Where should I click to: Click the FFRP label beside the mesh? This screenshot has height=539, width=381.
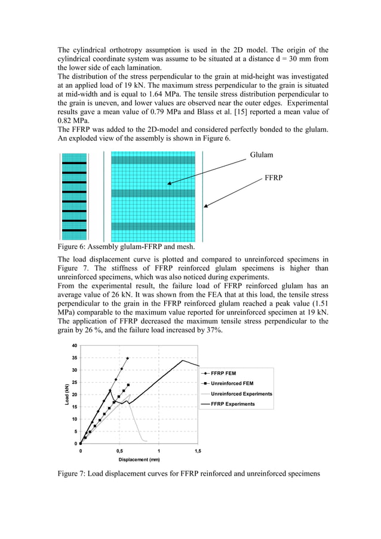[x=274, y=178]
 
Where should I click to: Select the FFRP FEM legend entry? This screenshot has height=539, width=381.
[x=223, y=373]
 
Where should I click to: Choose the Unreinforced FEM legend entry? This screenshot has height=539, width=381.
[x=232, y=383]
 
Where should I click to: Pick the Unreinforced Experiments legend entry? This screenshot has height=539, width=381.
[x=241, y=394]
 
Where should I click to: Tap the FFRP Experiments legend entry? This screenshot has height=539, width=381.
[x=232, y=404]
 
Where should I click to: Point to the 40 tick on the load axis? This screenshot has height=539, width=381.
[x=74, y=346]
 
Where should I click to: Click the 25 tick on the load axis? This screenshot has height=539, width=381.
[x=74, y=383]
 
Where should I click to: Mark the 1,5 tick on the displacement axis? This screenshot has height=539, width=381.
[x=198, y=451]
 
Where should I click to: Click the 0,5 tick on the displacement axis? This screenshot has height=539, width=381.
[x=119, y=451]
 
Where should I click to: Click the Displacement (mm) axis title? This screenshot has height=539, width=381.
[x=139, y=460]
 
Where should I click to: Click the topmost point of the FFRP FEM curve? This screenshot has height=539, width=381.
[x=128, y=358]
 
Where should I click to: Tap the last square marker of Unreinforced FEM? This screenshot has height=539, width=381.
[x=128, y=385]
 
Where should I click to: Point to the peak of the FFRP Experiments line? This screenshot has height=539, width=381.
[x=183, y=360]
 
